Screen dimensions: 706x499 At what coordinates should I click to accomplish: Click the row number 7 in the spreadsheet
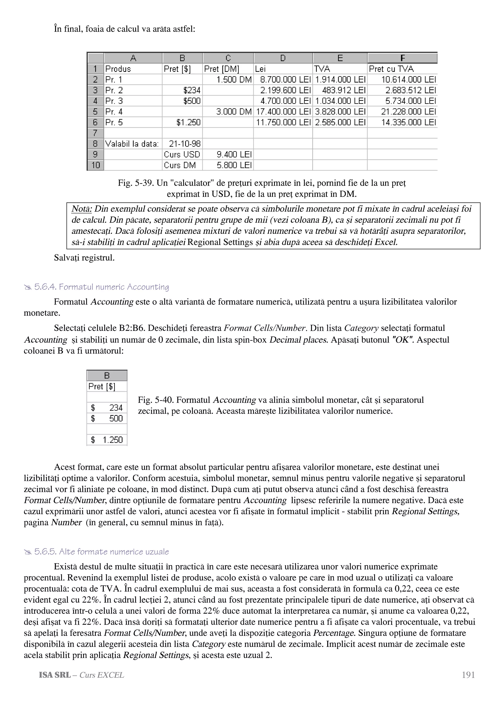point(95,133)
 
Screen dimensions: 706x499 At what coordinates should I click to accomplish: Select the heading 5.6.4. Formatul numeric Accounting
point(101,287)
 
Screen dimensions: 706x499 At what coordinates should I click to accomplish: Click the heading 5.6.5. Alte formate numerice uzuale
point(101,552)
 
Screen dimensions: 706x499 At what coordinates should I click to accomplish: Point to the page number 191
point(468,675)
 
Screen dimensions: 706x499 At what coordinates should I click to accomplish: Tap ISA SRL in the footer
point(55,675)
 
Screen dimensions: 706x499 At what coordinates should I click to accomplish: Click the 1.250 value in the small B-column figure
point(113,440)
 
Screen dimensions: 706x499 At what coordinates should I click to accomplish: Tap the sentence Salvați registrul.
point(84,258)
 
